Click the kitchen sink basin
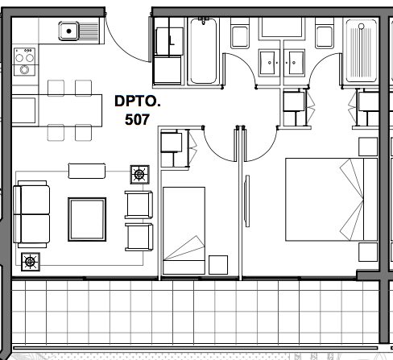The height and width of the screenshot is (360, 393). point(68,31)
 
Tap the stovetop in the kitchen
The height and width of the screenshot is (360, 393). point(24,62)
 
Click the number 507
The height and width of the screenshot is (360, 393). point(137,119)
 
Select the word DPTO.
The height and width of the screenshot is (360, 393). point(138,101)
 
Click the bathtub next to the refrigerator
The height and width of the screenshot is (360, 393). point(203,51)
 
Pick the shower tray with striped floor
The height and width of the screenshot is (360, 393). point(361,51)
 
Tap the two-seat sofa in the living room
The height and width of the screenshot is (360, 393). point(31,214)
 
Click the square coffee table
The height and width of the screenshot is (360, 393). point(87,219)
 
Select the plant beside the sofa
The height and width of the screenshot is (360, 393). point(31,262)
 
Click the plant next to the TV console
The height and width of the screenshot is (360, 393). point(139,175)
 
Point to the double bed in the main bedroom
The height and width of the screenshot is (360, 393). point(331,199)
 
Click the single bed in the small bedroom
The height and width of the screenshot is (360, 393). point(184,230)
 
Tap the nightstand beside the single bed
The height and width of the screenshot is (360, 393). point(218,265)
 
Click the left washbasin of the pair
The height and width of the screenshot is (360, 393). point(269,63)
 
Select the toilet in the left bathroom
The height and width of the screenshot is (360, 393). point(240,33)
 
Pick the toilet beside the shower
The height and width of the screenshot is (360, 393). point(325,33)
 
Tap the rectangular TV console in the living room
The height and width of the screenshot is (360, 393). point(87,171)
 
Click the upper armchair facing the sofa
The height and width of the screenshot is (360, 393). point(139,205)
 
